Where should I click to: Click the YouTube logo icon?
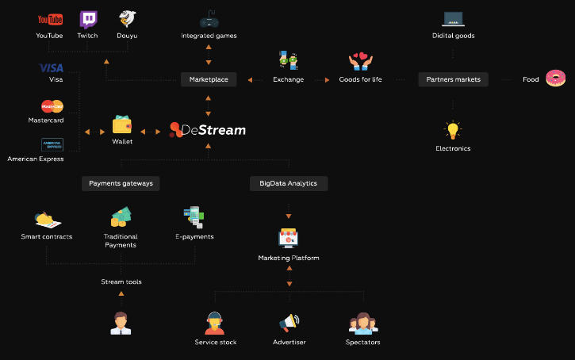pos(49,19)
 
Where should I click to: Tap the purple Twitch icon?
pos(88,19)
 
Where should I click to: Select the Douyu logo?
pos(127,19)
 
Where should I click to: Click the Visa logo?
pos(52,67)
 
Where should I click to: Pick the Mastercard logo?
pos(52,106)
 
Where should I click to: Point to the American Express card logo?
pos(52,144)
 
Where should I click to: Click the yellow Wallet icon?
pos(122,125)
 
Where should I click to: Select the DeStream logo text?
pos(208,130)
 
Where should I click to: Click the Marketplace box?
pos(209,79)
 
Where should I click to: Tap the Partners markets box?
pos(453,79)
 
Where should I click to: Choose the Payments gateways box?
pos(121,183)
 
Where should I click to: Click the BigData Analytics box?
pos(288,183)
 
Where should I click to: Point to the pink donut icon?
pos(556,79)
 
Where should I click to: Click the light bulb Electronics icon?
pos(453,131)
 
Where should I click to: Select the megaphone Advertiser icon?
pos(289,324)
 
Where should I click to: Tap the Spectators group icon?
pos(363,324)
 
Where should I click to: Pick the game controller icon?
pos(209,20)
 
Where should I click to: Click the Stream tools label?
pos(121,281)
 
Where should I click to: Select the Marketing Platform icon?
pos(288,238)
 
